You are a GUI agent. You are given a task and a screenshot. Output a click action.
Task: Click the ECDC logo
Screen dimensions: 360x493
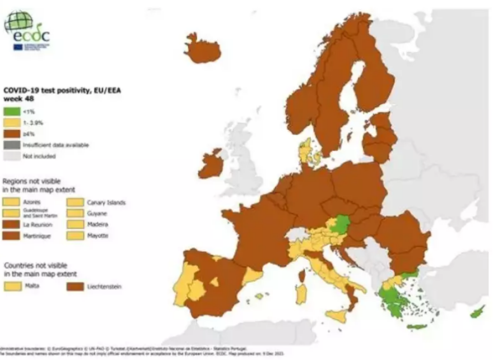[x=26, y=30]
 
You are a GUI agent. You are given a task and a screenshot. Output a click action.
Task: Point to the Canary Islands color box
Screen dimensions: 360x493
[x=75, y=202]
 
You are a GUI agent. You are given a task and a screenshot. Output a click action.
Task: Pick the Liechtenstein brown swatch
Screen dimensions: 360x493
[x=75, y=287]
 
